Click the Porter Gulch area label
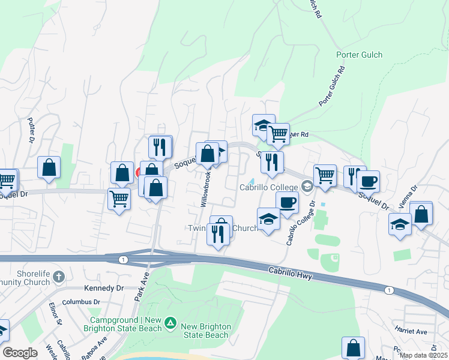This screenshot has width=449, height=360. click(358, 55)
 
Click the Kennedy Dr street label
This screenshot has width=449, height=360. click(104, 288)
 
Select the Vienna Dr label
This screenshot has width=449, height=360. click(408, 197)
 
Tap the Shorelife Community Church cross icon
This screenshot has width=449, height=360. click(58, 277)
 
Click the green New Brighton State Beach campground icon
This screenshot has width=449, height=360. click(170, 323)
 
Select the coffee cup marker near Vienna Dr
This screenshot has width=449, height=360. click(368, 181)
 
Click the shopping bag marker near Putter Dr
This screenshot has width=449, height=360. click(49, 167)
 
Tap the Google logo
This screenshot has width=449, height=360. click(20, 353)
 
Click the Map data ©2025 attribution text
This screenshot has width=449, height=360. click(423, 355)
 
